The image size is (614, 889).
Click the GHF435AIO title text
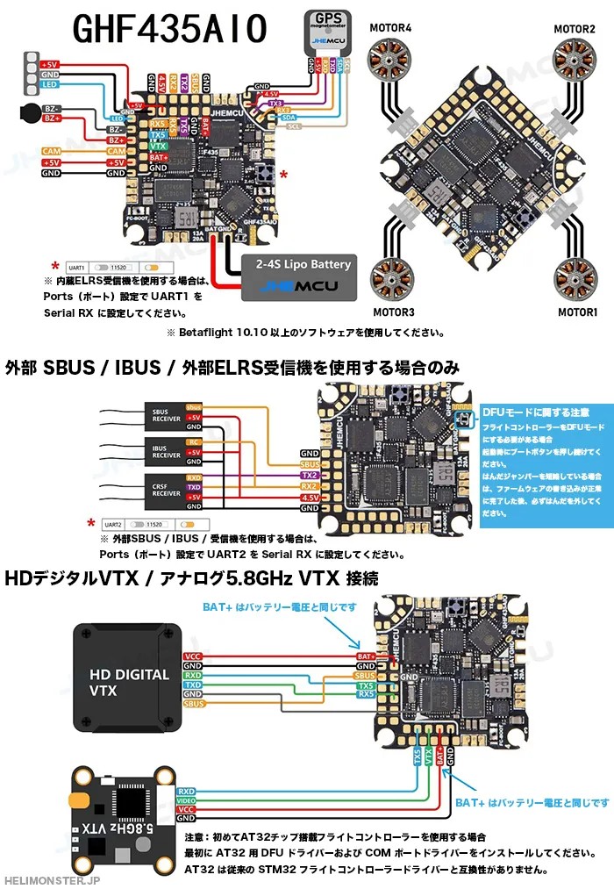pyautogui.click(x=169, y=29)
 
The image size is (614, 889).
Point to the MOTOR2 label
pyautogui.click(x=574, y=29)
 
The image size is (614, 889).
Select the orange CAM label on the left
pyautogui.click(x=52, y=152)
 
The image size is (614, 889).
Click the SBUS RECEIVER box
pyautogui.click(x=167, y=416)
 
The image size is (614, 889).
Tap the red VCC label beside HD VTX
pyautogui.click(x=193, y=656)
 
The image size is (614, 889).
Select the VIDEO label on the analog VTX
pyautogui.click(x=186, y=801)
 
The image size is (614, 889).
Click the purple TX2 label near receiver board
pyautogui.click(x=310, y=476)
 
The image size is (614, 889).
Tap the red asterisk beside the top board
pyautogui.click(x=283, y=175)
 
